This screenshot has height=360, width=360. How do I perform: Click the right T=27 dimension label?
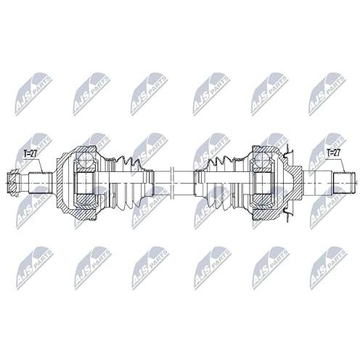pos(333,152)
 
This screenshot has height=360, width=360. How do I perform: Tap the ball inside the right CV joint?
pos(263,159)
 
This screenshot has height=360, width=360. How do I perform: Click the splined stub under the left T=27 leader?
pos(41,182)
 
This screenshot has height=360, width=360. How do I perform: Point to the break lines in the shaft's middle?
pos(172,182)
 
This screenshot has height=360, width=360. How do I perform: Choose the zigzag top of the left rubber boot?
pos(128,164)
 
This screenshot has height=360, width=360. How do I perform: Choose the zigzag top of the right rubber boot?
pos(220,164)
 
